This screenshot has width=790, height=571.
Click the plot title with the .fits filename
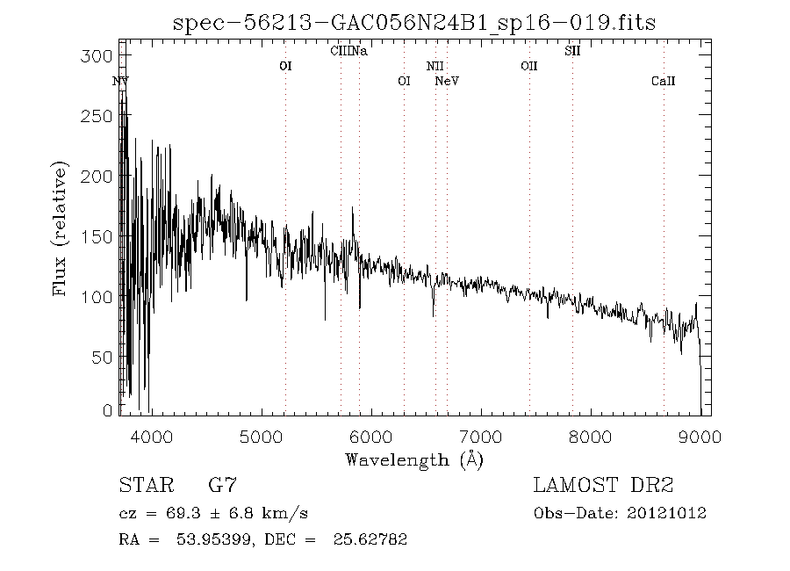413,22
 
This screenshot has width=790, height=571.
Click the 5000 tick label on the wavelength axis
261,435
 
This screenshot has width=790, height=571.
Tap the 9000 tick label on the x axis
700,435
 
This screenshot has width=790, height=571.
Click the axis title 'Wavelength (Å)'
414,459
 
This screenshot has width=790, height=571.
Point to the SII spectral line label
572,52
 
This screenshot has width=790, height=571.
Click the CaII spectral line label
664,82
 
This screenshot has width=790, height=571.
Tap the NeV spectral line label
448,82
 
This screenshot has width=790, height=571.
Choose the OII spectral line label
528,66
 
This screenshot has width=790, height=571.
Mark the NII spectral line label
435,66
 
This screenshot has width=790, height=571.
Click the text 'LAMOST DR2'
603,485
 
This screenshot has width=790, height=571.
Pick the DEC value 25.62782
370,539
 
